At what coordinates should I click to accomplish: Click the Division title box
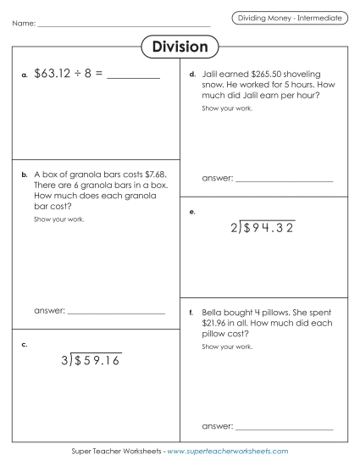(180, 47)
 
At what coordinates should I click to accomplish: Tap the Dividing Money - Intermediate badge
(289, 17)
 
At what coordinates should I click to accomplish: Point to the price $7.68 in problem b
(160, 174)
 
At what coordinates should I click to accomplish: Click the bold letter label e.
(193, 212)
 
